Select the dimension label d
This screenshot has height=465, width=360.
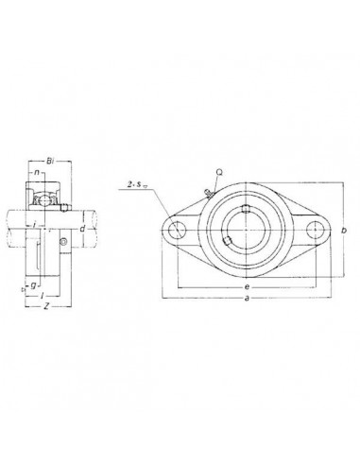(82, 228)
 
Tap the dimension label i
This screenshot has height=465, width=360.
(33, 225)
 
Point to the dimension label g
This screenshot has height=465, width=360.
(32, 284)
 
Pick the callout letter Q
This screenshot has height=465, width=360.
(219, 173)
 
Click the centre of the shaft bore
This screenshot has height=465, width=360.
(246, 230)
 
